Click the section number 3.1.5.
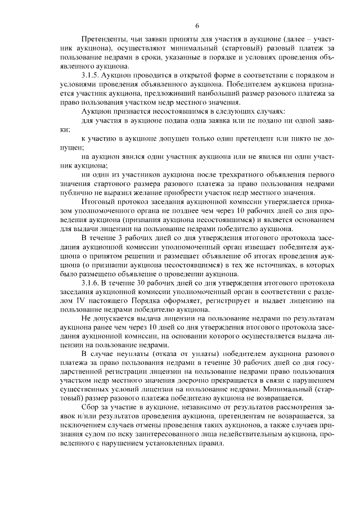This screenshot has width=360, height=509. [92, 75]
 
